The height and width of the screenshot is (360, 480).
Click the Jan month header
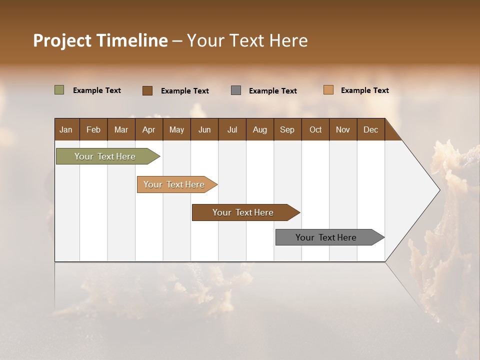[x=66, y=129]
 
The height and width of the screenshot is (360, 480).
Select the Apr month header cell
[x=149, y=129]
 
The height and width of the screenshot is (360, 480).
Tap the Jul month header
[x=232, y=129]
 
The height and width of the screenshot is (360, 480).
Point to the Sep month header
[x=287, y=129]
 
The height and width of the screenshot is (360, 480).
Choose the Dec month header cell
[x=370, y=129]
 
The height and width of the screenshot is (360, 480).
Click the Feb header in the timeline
[x=93, y=129]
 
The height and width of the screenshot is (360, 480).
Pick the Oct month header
[x=315, y=129]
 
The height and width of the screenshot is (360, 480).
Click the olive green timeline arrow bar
[x=105, y=156]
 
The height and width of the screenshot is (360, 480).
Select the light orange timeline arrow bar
[x=174, y=184]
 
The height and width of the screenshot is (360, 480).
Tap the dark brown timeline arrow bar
[x=243, y=212]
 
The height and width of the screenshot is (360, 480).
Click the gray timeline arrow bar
[x=326, y=237]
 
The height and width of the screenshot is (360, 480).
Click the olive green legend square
[x=59, y=90]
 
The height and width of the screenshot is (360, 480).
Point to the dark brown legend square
[x=147, y=90]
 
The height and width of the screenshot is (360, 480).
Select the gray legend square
[x=236, y=90]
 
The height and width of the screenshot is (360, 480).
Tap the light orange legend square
[x=328, y=90]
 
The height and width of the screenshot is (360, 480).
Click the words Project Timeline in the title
[x=100, y=40]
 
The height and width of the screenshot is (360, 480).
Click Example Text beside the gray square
[x=273, y=91]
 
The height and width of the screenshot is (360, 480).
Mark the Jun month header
[x=204, y=129]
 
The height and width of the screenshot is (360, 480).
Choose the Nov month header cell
[x=343, y=129]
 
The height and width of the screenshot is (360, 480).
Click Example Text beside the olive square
[x=97, y=90]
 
